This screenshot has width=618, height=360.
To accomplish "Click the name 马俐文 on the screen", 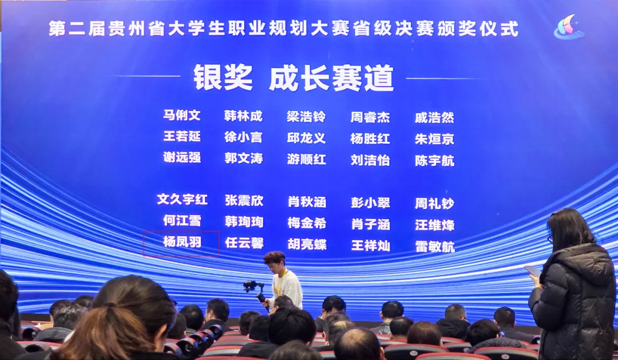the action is coord(182,115).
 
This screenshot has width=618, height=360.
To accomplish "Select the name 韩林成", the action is coord(243,116).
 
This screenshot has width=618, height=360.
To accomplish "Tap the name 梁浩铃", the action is coord(306,117).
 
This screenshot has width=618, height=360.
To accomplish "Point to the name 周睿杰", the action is coord(370,117).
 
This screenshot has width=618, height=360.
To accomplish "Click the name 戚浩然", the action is coord(434,117).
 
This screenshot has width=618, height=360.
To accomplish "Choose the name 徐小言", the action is coord(243,137).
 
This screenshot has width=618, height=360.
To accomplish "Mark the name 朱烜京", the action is coord(434,139).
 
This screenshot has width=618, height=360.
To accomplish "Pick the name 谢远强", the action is coord(182,157).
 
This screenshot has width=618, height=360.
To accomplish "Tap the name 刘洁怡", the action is coord(370,160).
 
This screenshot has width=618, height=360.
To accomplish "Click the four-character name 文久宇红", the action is coord(182,199).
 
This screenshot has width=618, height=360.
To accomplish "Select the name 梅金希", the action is coord(307,223).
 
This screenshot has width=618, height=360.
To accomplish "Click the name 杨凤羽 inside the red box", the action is coord(182,242).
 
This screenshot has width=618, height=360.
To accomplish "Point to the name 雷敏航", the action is coord(435,247).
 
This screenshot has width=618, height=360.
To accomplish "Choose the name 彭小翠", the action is coord(370,203).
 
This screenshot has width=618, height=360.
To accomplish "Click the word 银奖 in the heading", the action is coord(223,78).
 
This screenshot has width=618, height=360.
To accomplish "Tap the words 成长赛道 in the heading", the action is coord(331,78).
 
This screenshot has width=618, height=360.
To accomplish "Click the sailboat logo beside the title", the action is coord(569,27).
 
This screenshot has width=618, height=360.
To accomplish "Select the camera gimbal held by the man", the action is coord(255,291).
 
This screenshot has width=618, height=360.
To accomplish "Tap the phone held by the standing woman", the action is coord(533,271).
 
